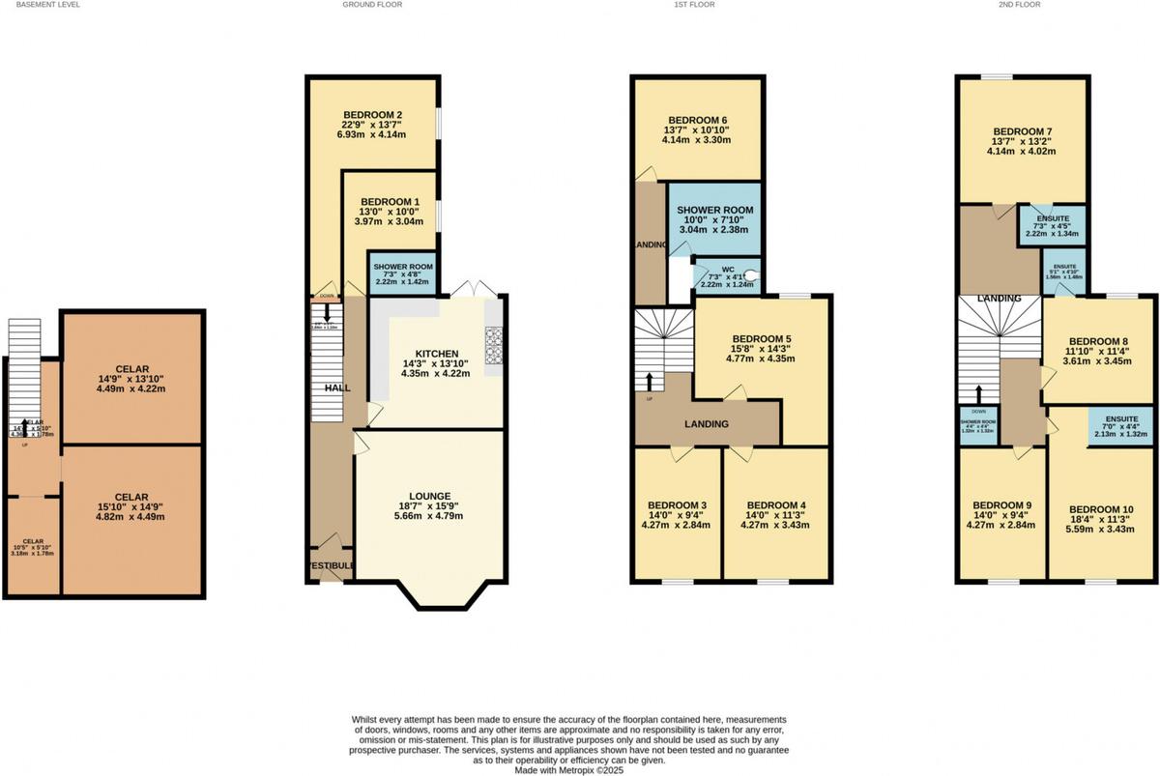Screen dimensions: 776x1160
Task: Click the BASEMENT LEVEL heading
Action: (41, 5)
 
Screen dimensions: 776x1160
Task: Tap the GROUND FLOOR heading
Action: (372, 5)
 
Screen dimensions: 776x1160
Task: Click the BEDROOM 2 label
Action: (372, 115)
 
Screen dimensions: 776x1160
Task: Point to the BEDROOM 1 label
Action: (386, 201)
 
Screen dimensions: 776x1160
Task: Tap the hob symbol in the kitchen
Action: (493, 342)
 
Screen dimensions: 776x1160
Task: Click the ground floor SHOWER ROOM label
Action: (403, 267)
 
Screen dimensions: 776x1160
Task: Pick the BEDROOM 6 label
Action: (695, 120)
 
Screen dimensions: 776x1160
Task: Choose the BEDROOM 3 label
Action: (676, 504)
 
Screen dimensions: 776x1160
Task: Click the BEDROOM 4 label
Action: (777, 504)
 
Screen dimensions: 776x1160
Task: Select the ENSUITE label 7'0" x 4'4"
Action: (1119, 420)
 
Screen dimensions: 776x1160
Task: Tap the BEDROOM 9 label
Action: (1001, 504)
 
